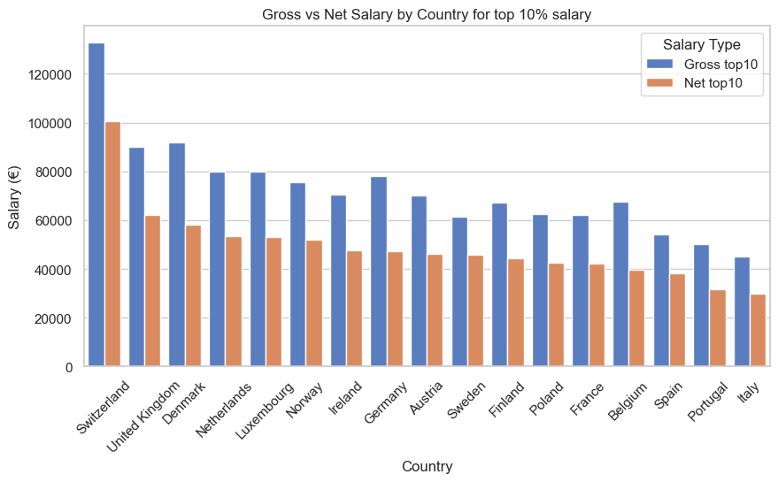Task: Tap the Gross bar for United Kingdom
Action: pyautogui.click(x=137, y=256)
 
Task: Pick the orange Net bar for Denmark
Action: pyautogui.click(x=193, y=295)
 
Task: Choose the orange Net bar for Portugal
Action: pyautogui.click(x=718, y=327)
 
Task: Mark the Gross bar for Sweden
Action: pyautogui.click(x=459, y=291)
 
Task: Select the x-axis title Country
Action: pyautogui.click(x=428, y=466)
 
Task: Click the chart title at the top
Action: pyautogui.click(x=428, y=14)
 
